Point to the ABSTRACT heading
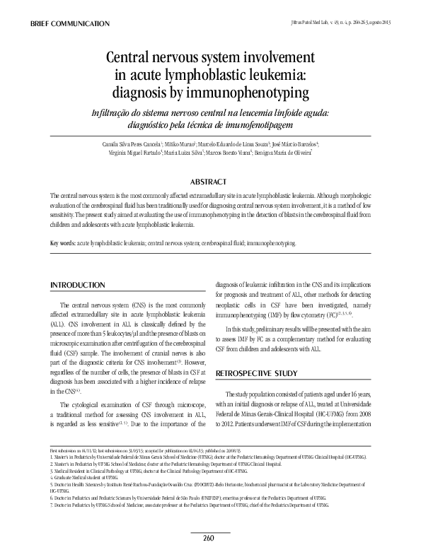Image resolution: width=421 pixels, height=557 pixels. (210, 182)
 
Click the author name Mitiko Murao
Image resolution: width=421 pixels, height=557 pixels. (186, 143)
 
